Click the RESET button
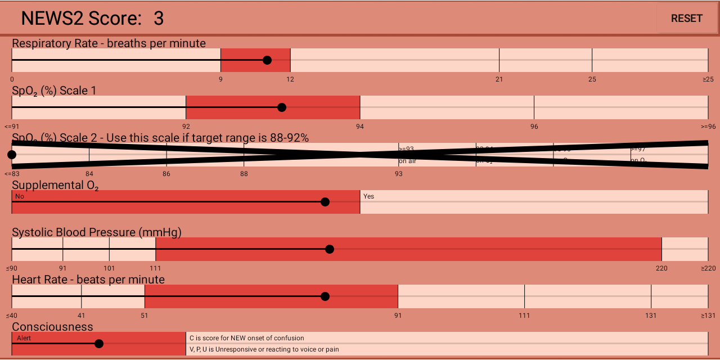coord(686,19)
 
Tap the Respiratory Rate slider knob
coord(267,60)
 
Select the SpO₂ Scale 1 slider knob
coord(282,107)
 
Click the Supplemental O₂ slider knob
coord(325,202)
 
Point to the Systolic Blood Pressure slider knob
coord(330,249)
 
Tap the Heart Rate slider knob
coord(325,296)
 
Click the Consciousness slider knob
coord(99,344)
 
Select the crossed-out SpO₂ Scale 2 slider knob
coord(12,155)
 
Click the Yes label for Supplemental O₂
coord(368,196)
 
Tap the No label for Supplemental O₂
coord(20,196)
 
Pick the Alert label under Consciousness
coord(24,338)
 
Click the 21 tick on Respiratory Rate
coord(499,79)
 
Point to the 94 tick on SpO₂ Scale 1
coord(360,127)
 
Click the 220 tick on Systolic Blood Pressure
coord(661,268)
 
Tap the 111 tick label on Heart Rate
coord(524,316)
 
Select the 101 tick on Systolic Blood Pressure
coord(109,268)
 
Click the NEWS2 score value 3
coord(159,19)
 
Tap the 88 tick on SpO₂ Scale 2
coord(244,174)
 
